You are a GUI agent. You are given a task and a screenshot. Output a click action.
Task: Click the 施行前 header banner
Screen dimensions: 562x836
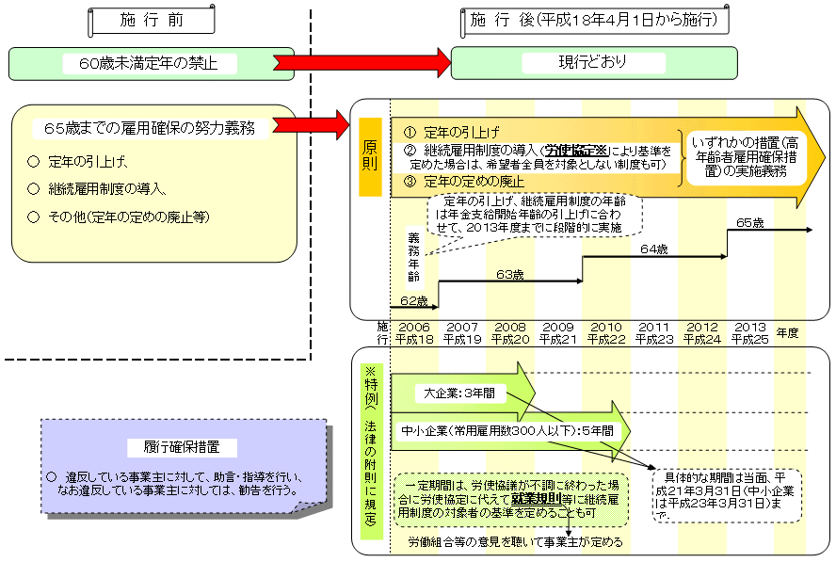click(x=151, y=19)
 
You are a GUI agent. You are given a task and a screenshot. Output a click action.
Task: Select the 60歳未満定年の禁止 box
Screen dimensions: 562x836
click(x=151, y=64)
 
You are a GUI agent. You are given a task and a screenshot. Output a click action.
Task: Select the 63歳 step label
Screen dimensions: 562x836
click(x=510, y=274)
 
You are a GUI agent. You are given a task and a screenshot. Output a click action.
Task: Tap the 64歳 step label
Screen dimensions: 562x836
click(x=653, y=249)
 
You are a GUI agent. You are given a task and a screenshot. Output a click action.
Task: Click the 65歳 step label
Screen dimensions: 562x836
click(x=750, y=223)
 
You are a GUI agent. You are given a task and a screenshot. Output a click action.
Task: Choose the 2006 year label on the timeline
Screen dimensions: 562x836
click(x=414, y=327)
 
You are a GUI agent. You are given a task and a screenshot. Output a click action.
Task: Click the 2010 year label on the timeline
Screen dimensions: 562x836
click(x=605, y=327)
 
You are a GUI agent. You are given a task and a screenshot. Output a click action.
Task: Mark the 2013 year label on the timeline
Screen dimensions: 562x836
click(x=749, y=327)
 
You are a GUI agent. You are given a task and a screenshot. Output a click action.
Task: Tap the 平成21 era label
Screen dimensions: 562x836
click(x=557, y=339)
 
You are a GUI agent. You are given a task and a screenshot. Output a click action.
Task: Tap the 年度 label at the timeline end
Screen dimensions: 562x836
click(x=788, y=332)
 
